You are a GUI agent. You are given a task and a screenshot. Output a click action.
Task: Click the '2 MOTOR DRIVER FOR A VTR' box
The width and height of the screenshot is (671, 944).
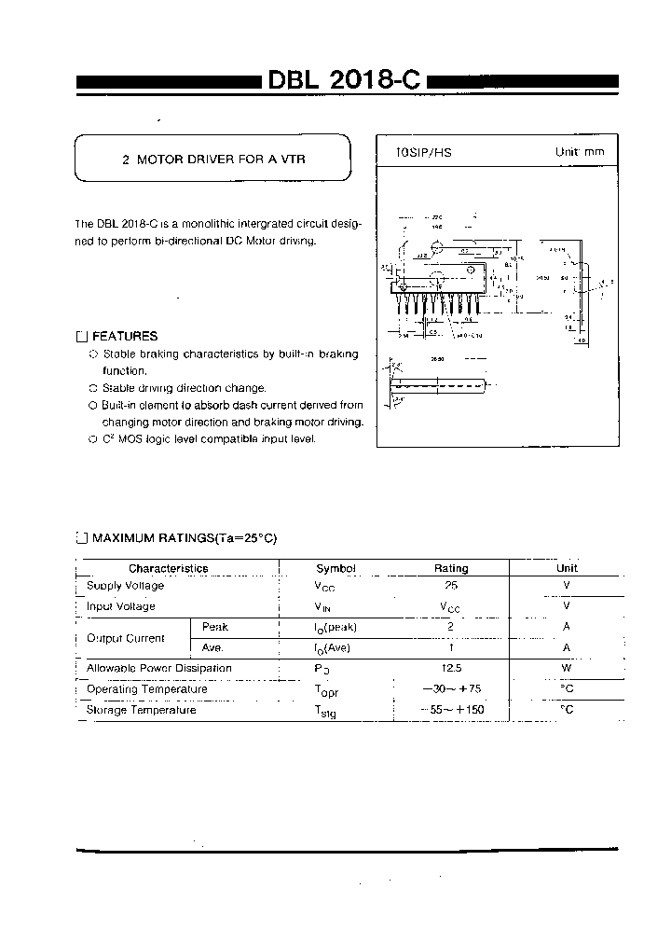pyautogui.click(x=213, y=160)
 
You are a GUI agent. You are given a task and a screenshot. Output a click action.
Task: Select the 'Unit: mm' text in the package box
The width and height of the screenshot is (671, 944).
pyautogui.click(x=580, y=152)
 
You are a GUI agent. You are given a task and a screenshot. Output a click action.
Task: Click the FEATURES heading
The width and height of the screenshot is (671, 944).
pyautogui.click(x=124, y=336)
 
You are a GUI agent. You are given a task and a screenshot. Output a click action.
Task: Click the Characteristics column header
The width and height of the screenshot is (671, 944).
pyautogui.click(x=168, y=568)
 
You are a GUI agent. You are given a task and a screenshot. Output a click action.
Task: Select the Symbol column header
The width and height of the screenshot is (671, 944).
pyautogui.click(x=335, y=568)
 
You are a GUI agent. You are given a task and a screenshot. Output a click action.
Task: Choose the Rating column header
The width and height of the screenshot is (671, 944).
pyautogui.click(x=451, y=568)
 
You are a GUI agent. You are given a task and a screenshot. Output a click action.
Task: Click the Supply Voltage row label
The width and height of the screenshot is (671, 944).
pyautogui.click(x=125, y=586)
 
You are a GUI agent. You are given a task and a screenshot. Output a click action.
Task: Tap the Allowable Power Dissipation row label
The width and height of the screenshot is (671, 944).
pyautogui.click(x=158, y=668)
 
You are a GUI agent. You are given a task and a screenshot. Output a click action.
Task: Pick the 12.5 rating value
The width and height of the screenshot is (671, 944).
pyautogui.click(x=451, y=669)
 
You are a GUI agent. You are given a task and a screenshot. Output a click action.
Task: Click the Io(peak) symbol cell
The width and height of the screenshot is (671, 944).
pyautogui.click(x=335, y=628)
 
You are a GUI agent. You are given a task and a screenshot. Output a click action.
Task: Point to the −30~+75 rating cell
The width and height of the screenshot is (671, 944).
pyautogui.click(x=451, y=689)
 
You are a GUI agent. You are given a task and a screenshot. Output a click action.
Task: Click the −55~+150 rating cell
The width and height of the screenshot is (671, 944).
pyautogui.click(x=451, y=710)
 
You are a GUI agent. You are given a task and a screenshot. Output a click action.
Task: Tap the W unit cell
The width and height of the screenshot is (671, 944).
pyautogui.click(x=567, y=669)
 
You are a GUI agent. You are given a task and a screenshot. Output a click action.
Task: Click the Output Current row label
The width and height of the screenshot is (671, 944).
pyautogui.click(x=125, y=638)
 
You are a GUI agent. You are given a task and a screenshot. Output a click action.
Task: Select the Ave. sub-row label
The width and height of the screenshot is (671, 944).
pyautogui.click(x=213, y=647)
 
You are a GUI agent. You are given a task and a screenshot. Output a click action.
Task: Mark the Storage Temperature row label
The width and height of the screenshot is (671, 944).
pyautogui.click(x=141, y=710)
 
